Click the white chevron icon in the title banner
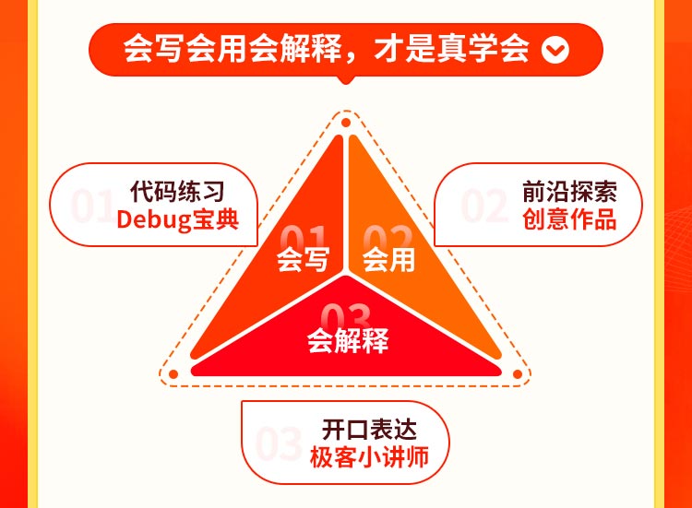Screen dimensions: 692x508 (x=555, y=50)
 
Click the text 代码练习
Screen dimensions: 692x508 (x=177, y=193)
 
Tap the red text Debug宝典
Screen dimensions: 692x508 (x=177, y=221)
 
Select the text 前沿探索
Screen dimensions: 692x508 (x=568, y=193)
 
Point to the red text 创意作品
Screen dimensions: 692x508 (x=568, y=221)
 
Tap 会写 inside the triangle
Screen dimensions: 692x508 (x=303, y=260)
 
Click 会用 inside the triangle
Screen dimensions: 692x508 (x=388, y=260)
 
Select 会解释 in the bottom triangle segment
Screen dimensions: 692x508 (x=347, y=341)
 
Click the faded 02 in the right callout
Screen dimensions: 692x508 (x=485, y=207)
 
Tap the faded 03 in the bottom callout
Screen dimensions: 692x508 (x=279, y=444)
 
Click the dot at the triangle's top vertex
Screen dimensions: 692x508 (x=346, y=123)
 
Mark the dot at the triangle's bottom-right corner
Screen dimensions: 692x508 (x=518, y=375)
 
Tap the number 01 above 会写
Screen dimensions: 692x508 (x=304, y=237)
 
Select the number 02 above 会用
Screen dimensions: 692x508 (x=388, y=237)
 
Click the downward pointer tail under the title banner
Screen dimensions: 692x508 (x=346, y=81)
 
